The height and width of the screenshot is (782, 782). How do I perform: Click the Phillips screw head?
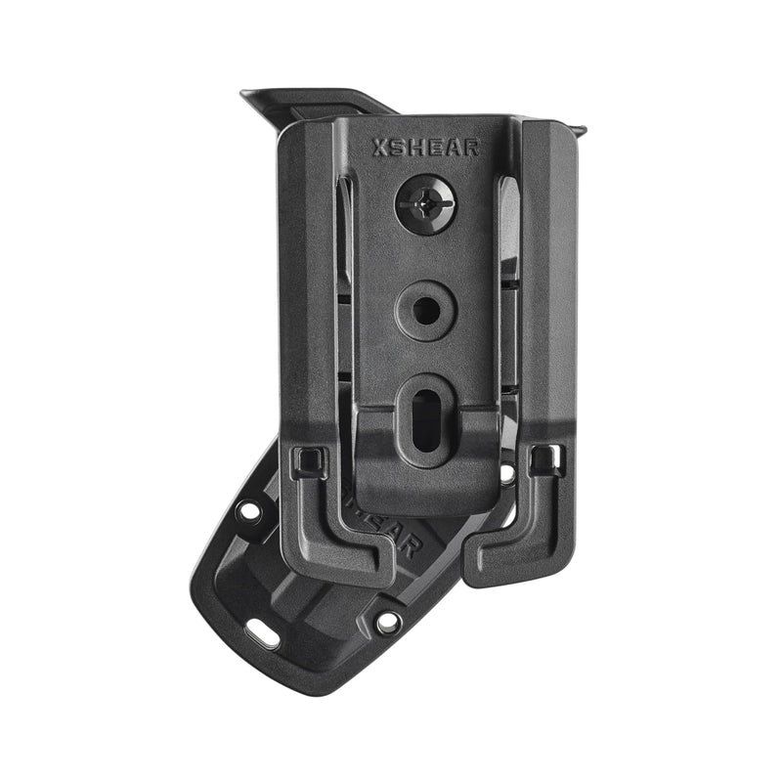click(x=425, y=204)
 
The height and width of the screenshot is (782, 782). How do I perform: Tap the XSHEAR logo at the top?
click(x=425, y=148)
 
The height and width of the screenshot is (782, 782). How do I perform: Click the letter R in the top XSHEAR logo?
click(x=472, y=148)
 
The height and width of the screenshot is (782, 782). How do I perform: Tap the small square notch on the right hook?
click(x=542, y=457)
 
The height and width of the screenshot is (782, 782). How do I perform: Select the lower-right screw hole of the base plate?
click(x=388, y=621)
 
